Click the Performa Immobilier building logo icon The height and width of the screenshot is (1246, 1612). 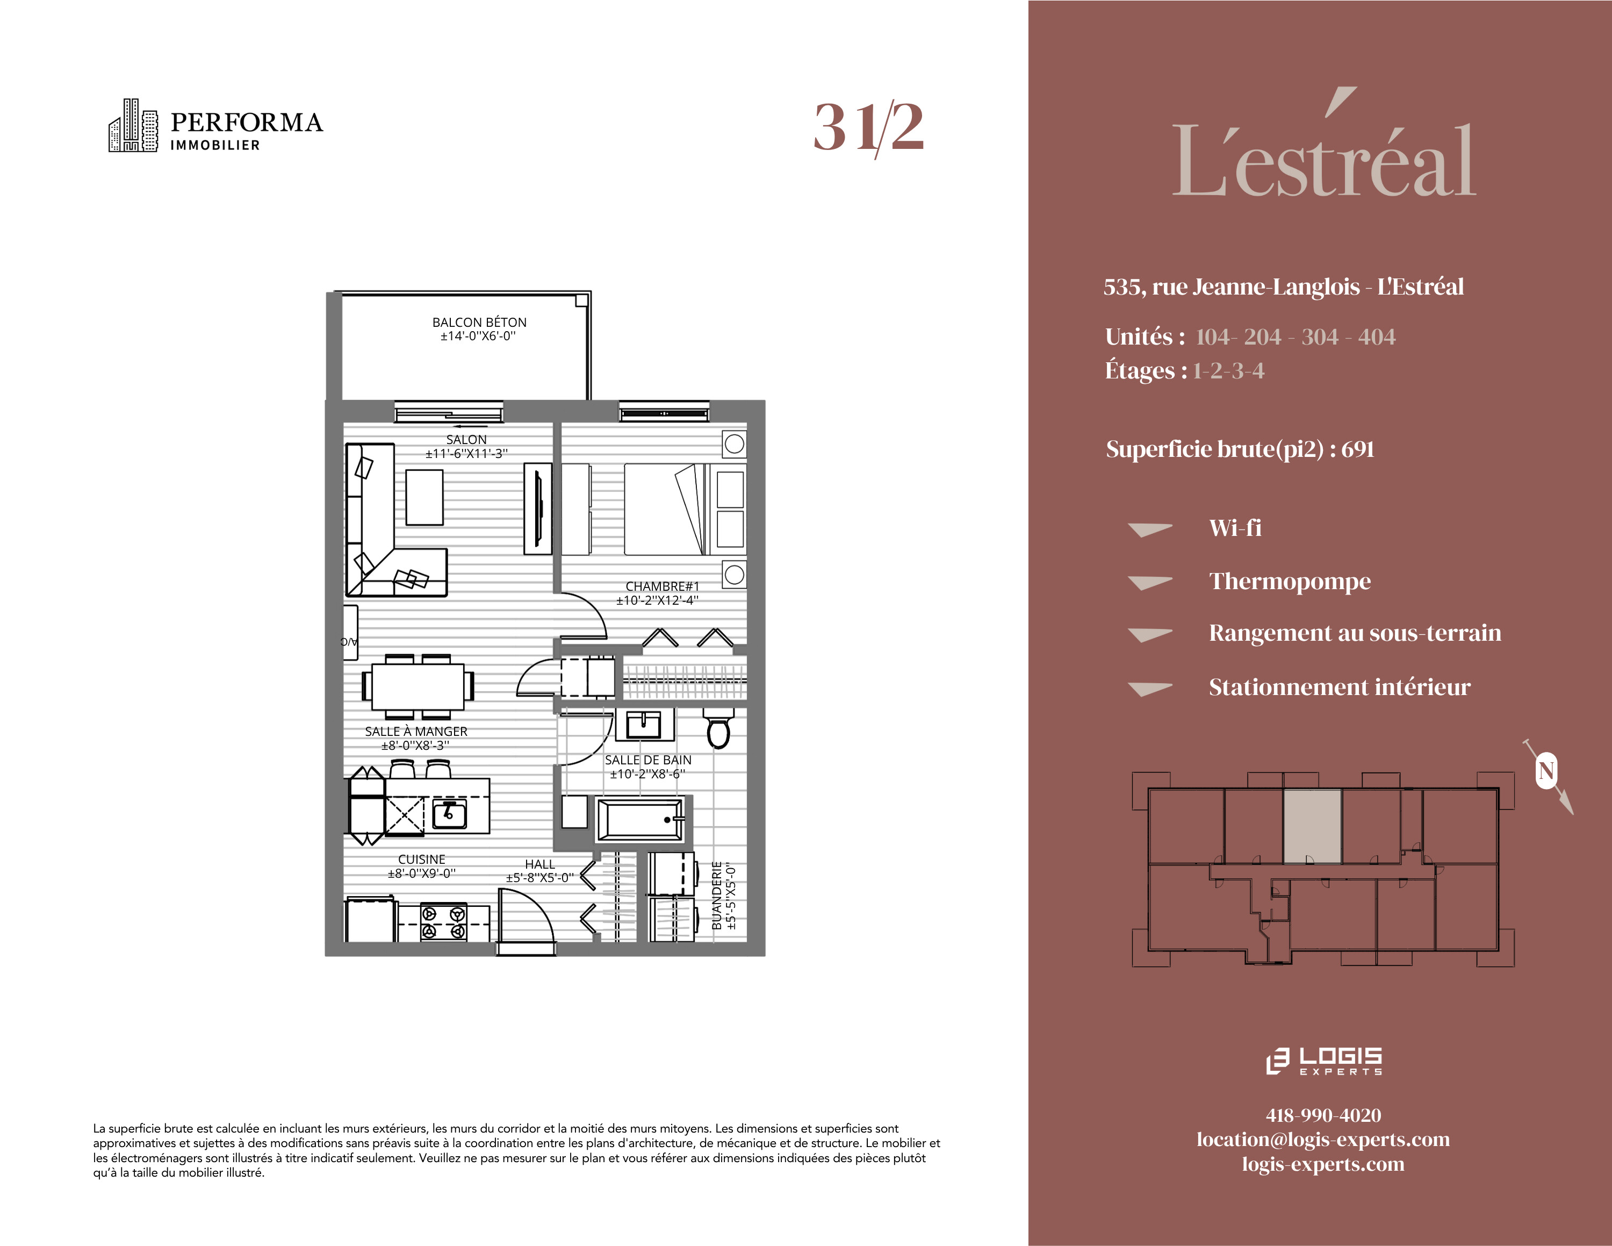click(133, 125)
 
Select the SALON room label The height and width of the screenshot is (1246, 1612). click(466, 439)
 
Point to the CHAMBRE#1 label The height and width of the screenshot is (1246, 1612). click(662, 586)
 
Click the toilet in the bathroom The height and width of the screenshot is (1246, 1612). click(718, 727)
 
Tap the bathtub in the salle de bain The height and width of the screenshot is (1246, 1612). click(641, 819)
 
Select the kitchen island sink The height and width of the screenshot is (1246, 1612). click(450, 814)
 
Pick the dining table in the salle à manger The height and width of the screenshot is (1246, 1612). click(418, 686)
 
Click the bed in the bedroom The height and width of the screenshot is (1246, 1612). click(685, 510)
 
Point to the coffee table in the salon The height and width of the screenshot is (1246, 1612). click(424, 498)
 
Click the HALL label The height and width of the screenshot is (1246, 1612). click(539, 864)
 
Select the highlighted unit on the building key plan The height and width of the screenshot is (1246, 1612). click(1312, 826)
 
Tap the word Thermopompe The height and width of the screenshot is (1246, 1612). click(1290, 582)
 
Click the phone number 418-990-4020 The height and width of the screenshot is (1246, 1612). click(1323, 1115)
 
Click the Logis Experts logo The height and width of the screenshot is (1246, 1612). click(1323, 1061)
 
